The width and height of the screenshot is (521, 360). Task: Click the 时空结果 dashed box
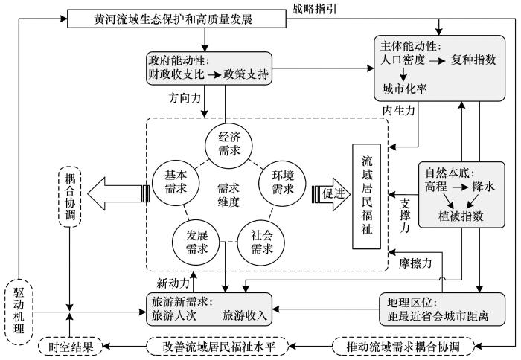click(68, 346)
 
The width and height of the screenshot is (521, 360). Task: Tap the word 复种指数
click(472, 59)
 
